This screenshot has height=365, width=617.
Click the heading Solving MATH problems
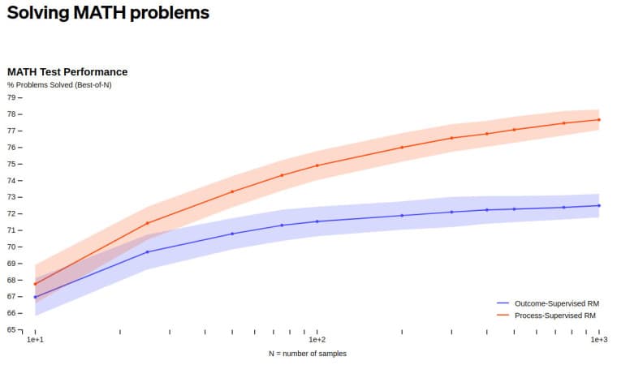[107, 13]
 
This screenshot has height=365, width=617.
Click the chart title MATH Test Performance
[67, 72]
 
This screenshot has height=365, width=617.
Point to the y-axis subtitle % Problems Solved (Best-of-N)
[59, 84]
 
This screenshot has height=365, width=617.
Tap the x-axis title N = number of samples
[308, 354]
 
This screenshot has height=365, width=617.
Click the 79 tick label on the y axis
[11, 97]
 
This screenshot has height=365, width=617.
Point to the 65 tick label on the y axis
[11, 329]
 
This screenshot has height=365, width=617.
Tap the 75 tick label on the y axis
[11, 164]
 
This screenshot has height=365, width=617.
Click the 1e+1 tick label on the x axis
[35, 341]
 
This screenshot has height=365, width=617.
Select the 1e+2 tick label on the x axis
[317, 341]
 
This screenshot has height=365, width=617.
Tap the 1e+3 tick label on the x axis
[598, 341]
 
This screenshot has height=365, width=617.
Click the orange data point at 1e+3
[598, 120]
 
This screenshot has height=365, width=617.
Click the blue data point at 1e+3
[598, 205]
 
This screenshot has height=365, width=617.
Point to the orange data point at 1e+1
[35, 284]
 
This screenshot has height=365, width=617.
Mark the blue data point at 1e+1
[35, 298]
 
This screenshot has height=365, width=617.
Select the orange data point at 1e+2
[317, 165]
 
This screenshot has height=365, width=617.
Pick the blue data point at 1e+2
[317, 221]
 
